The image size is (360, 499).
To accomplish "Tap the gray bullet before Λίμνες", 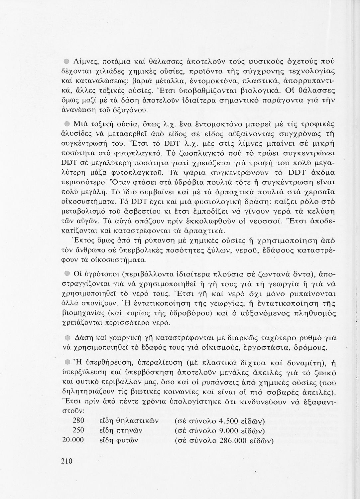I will tap(66, 61).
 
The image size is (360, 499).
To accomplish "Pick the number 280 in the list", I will tap(78, 420).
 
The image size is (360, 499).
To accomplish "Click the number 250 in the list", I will tap(78, 430).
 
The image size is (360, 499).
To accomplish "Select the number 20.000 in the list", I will tap(73, 440).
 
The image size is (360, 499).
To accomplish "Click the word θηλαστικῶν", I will tap(138, 421).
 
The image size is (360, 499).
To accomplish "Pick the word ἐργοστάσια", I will tap(259, 348).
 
